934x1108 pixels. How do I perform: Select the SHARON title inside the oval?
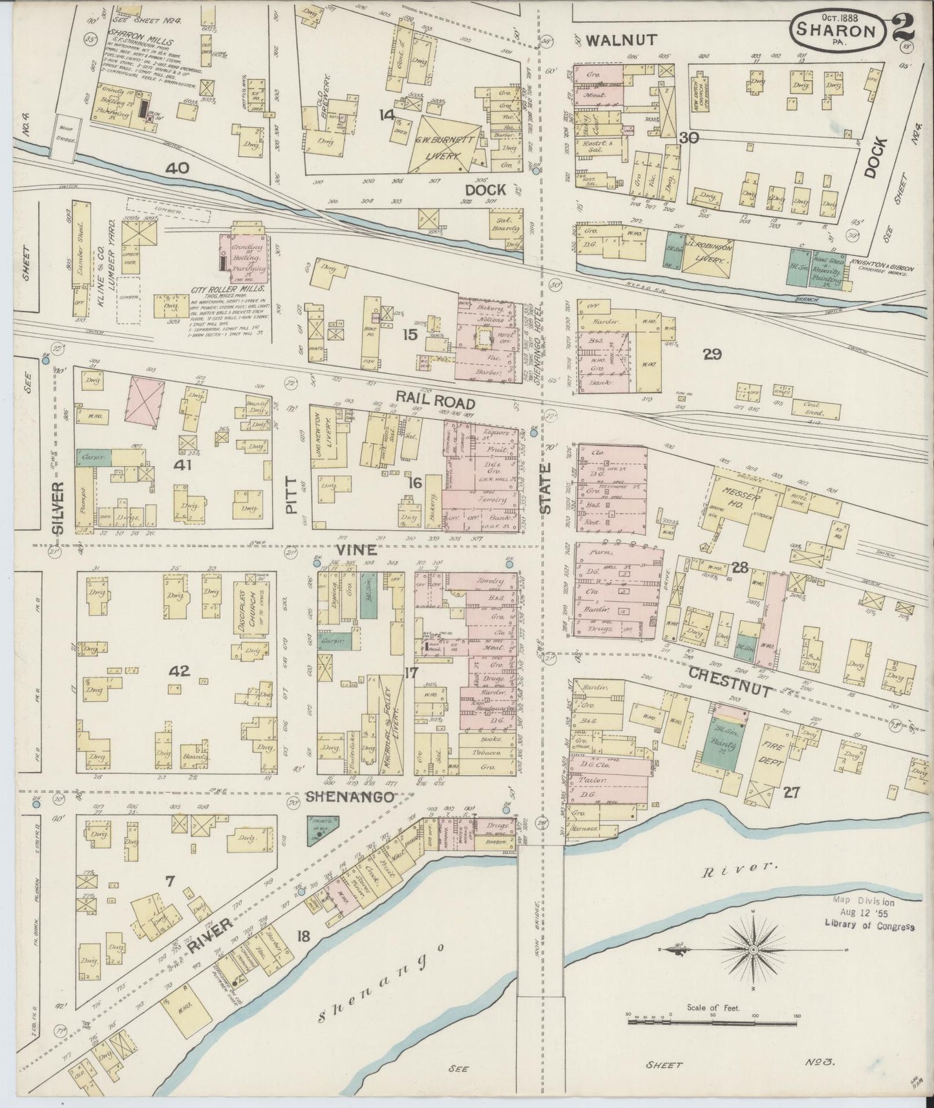click(x=836, y=30)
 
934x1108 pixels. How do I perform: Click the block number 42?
click(x=179, y=671)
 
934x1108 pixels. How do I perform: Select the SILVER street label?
click(x=59, y=509)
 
